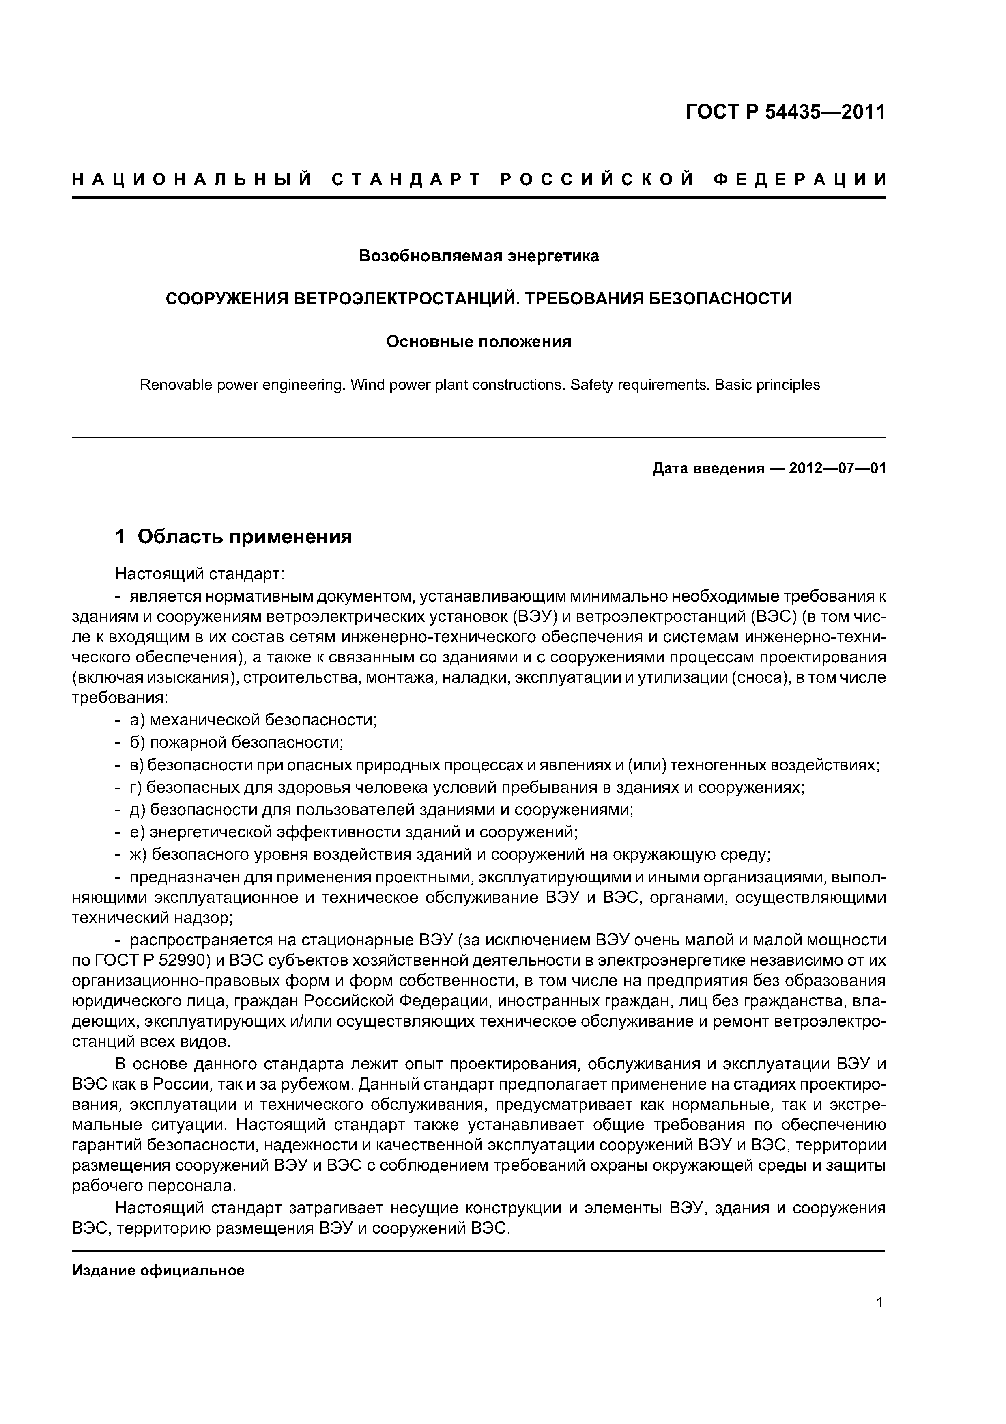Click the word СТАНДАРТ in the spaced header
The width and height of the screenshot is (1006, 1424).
[x=406, y=180]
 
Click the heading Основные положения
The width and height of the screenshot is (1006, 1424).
[x=479, y=342]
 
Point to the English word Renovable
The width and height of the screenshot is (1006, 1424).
[x=168, y=384]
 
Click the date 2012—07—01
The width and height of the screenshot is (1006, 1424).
[x=837, y=468]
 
